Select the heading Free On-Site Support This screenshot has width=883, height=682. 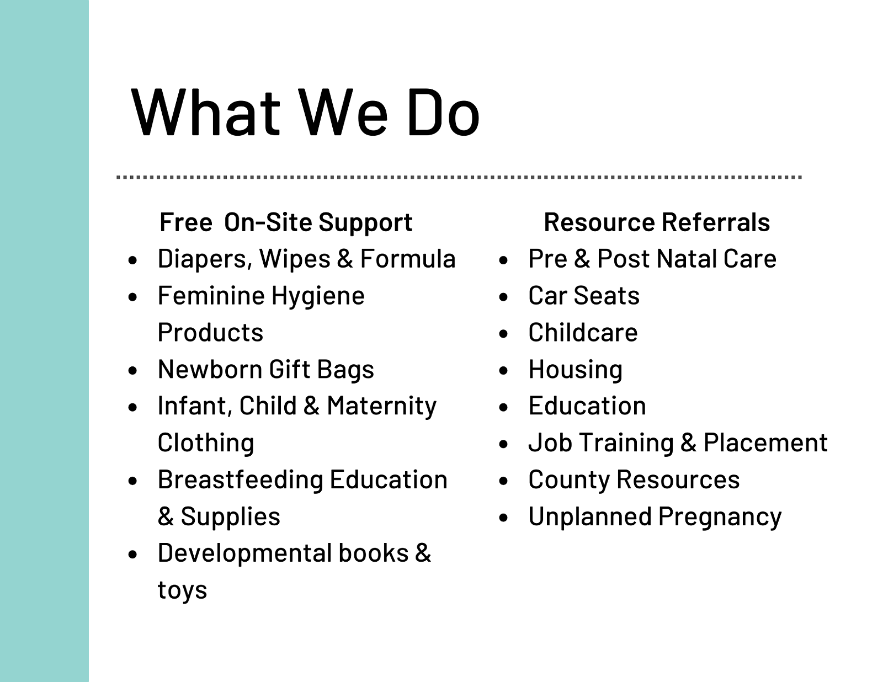click(286, 222)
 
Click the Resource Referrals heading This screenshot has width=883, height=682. click(657, 222)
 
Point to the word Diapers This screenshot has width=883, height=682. click(205, 259)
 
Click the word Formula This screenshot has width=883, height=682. click(408, 259)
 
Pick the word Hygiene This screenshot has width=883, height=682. click(318, 296)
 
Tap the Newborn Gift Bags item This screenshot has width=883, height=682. click(266, 370)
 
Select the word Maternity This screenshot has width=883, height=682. click(381, 406)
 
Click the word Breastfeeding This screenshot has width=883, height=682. click(241, 479)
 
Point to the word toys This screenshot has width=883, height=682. click(182, 590)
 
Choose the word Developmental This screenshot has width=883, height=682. click(244, 553)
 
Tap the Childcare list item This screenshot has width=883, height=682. click(583, 332)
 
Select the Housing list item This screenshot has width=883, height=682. click(575, 370)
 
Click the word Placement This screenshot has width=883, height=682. click(765, 443)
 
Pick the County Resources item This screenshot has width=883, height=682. click(634, 479)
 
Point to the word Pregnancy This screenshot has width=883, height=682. click(720, 517)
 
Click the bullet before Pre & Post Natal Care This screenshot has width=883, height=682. click(503, 260)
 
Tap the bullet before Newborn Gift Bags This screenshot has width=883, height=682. click(132, 370)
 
